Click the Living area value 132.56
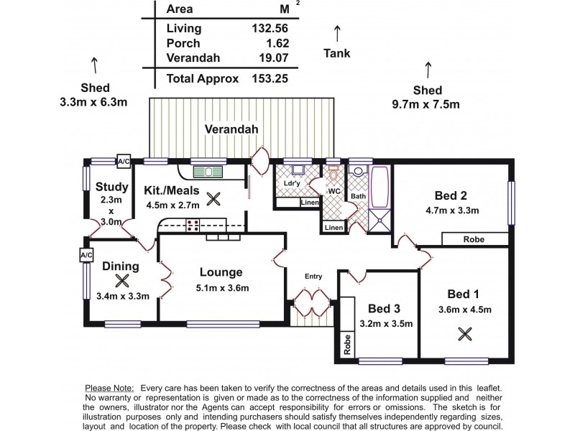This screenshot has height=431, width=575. tap(267, 29)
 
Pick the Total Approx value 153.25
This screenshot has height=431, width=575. tap(267, 79)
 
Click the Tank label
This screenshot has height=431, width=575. tap(337, 52)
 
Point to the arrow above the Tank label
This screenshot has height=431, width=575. tap(337, 32)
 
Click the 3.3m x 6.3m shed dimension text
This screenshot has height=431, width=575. tap(94, 101)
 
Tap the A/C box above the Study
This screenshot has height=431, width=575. tap(123, 162)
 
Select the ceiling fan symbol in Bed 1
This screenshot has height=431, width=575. tap(465, 333)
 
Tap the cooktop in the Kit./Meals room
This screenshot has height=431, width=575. tap(193, 226)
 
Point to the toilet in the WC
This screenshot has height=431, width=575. tap(333, 175)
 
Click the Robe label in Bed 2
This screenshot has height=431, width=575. tap(473, 239)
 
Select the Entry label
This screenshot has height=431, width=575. tap(313, 276)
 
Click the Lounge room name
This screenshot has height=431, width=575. tap(221, 272)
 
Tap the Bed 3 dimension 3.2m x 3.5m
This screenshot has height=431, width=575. tap(385, 323)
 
